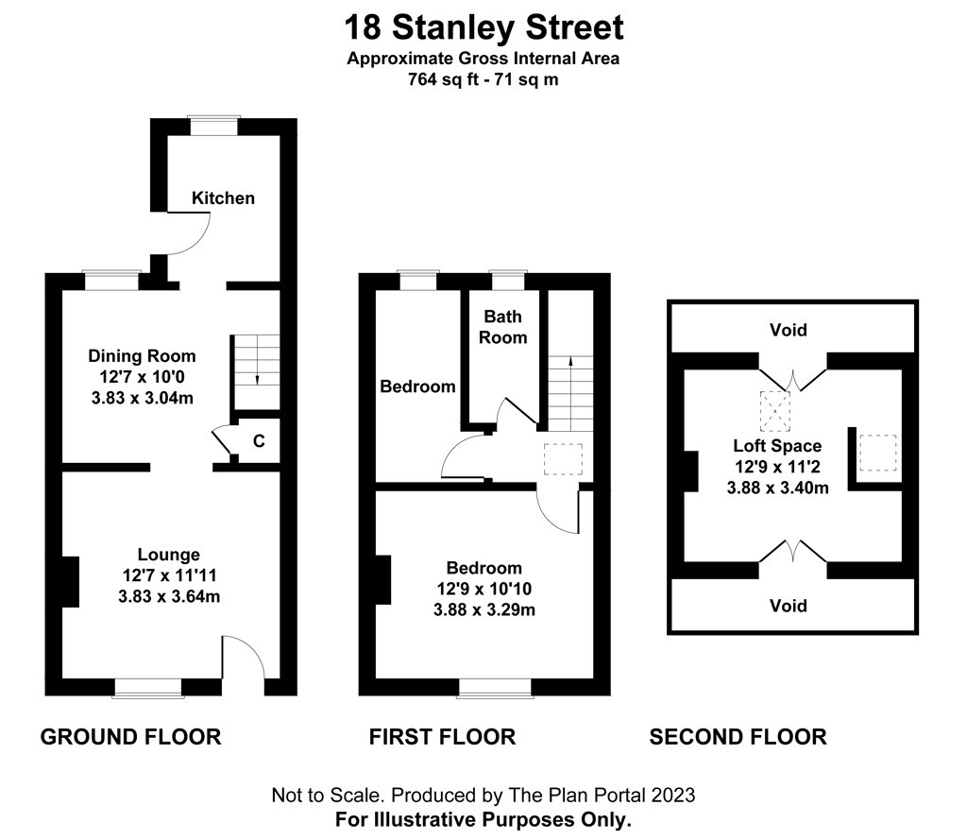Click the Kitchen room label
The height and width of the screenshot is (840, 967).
223,198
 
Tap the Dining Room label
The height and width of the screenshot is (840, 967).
142,356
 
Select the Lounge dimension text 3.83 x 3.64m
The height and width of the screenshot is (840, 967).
169,597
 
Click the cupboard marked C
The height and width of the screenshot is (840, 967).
259,440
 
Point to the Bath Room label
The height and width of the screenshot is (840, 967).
503,327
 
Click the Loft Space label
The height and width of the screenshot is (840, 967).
777,446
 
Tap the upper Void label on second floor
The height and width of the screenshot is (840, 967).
789,330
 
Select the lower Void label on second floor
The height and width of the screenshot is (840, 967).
789,606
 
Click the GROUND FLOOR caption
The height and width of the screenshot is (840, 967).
130,737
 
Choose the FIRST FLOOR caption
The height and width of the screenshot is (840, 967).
442,737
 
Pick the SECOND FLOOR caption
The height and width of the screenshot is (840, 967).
738,737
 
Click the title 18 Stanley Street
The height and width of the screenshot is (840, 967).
484,27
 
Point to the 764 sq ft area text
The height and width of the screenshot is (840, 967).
443,79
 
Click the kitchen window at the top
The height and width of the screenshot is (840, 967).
214,126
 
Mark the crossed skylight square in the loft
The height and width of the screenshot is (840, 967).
774,412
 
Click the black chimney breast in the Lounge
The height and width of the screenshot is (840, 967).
70,581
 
